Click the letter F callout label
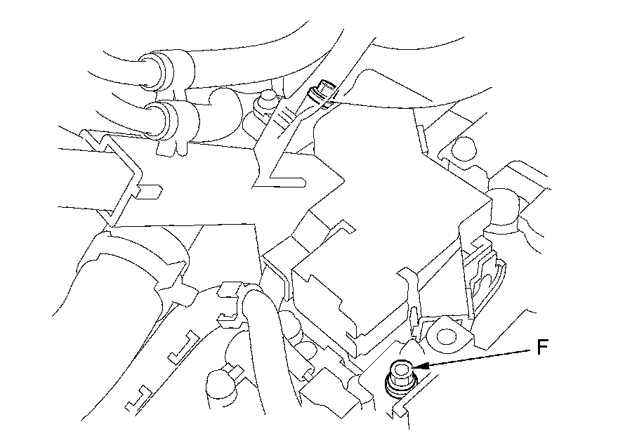click(542, 347)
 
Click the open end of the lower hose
click(155, 120)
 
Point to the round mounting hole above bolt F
click(445, 336)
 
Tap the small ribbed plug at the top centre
click(322, 93)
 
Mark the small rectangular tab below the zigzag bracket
click(150, 192)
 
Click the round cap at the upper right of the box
click(463, 149)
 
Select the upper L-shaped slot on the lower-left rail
click(183, 347)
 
